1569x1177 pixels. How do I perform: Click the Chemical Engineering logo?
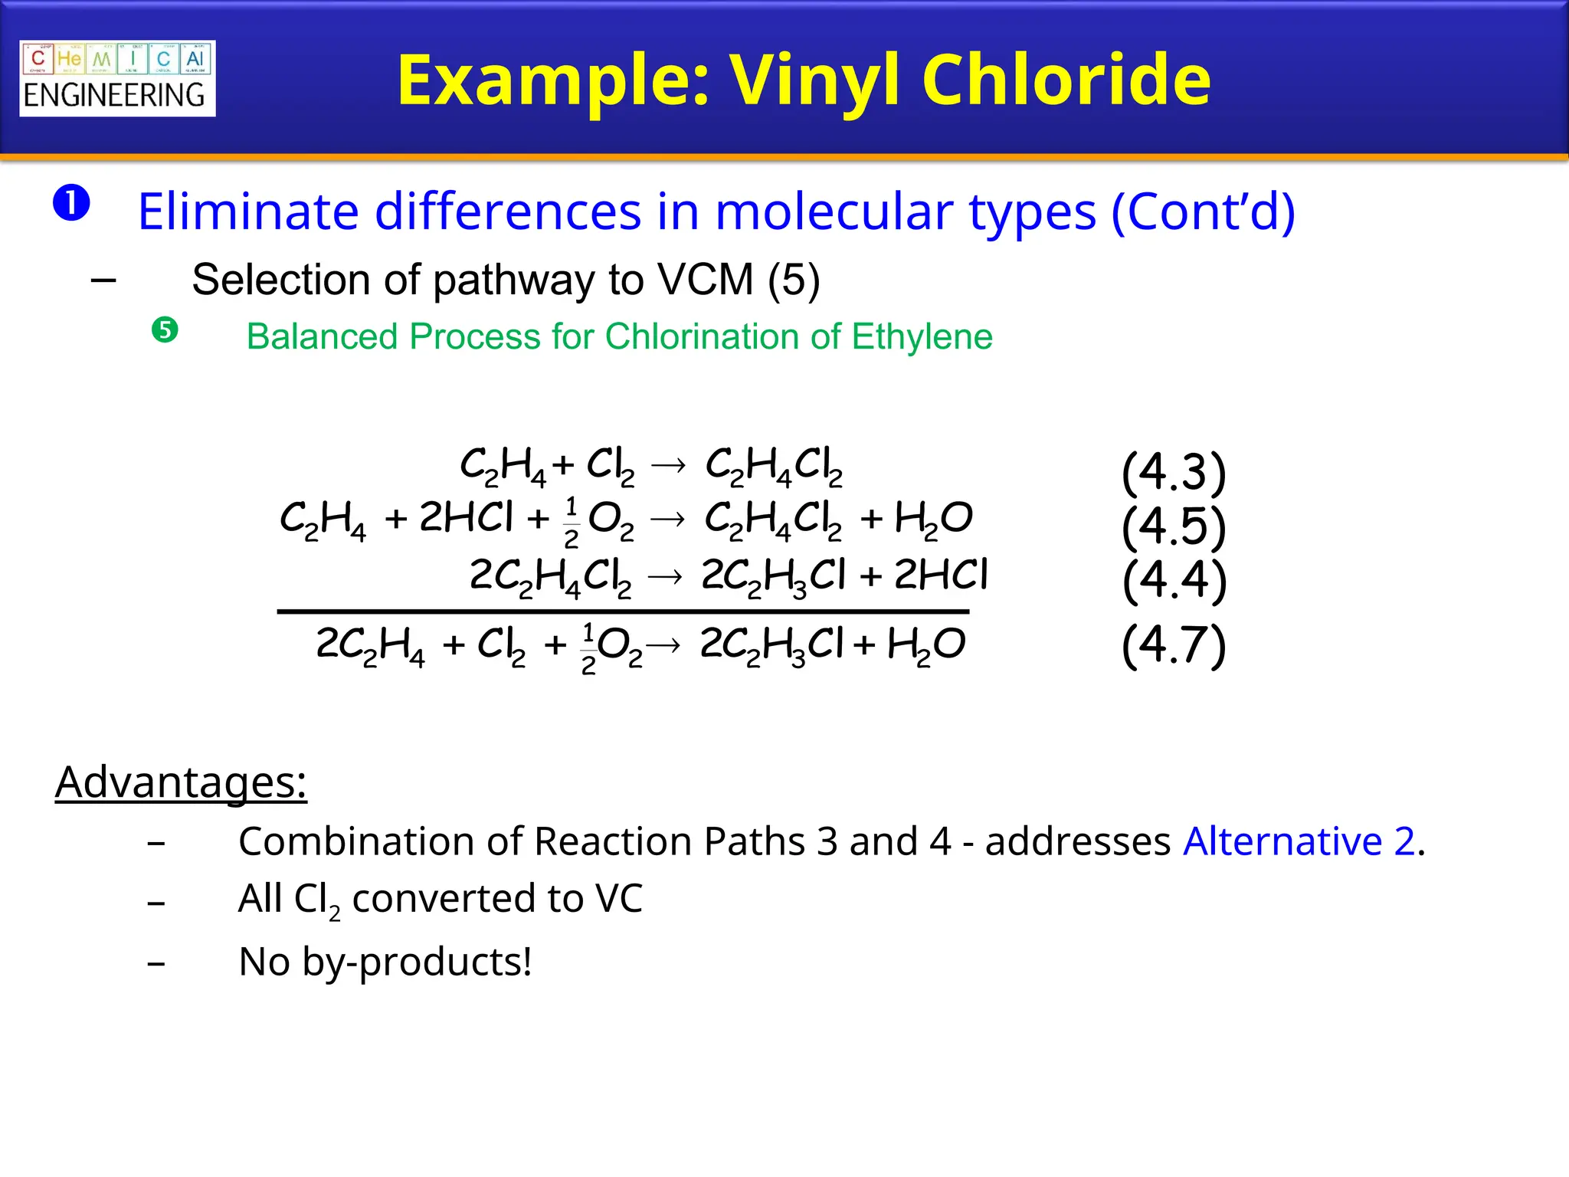coord(117,78)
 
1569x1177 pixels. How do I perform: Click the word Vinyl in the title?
coord(815,81)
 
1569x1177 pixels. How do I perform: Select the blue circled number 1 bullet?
coord(72,203)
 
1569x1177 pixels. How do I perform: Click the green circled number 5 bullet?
coord(165,330)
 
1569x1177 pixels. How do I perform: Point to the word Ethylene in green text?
coord(922,336)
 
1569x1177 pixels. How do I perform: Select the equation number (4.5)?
coord(1174,526)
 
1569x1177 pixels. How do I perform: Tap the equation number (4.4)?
coord(1174,579)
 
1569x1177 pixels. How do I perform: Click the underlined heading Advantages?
coord(181,782)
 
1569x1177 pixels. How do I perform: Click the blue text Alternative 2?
coord(1299,841)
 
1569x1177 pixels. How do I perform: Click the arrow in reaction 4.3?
coord(669,465)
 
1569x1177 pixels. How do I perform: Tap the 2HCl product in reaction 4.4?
coord(941,575)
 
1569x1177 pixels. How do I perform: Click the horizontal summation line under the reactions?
coord(623,611)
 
